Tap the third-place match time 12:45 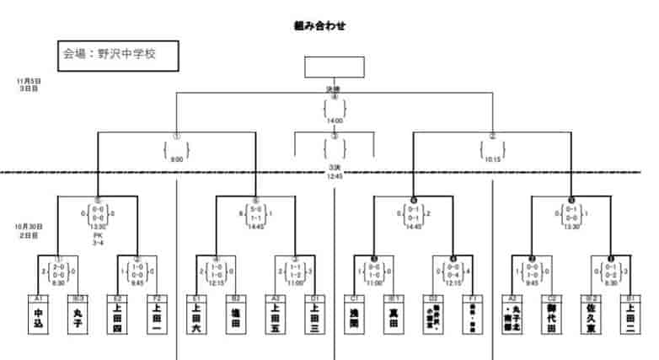pos(334,177)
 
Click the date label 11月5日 pos(28,81)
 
